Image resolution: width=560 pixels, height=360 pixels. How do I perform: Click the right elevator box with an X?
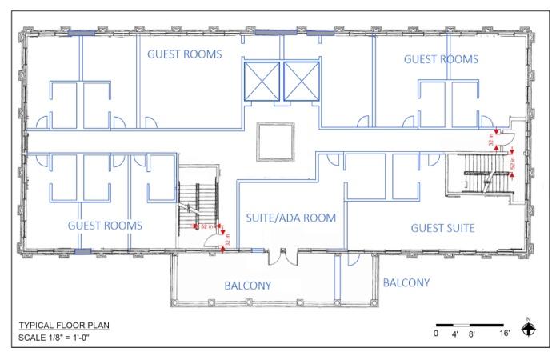[302, 80]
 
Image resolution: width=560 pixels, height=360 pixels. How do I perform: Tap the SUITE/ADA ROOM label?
[290, 218]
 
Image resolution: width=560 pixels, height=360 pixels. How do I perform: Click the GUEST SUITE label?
[442, 228]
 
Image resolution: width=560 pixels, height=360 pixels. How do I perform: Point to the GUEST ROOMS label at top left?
[183, 54]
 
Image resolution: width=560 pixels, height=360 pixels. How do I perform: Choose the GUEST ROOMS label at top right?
[441, 59]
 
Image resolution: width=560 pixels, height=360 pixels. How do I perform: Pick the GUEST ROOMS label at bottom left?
[105, 226]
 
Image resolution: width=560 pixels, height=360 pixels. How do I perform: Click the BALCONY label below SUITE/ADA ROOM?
[247, 286]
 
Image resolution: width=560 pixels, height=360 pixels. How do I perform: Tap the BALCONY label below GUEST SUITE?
[406, 282]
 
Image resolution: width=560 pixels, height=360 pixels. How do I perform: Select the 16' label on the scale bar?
[506, 333]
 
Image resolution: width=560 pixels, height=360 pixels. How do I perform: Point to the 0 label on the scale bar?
[436, 333]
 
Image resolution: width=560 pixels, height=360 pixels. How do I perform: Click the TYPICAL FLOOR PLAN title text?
[64, 326]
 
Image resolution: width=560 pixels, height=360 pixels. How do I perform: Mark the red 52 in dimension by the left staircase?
[206, 226]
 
